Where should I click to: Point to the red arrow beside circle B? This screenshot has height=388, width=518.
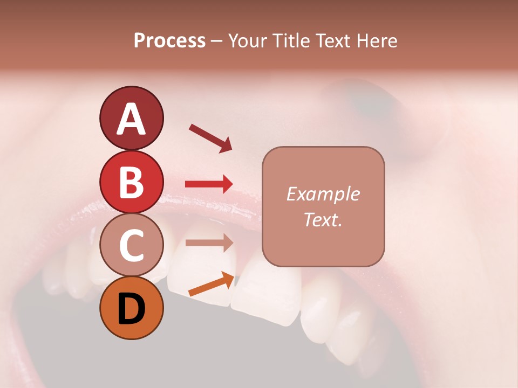[x=209, y=184]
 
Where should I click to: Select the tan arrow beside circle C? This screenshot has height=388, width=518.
[x=209, y=242]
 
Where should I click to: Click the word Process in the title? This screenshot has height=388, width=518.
[x=169, y=40]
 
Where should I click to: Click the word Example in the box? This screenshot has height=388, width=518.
[x=323, y=194]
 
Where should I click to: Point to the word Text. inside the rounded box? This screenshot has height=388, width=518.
[x=323, y=219]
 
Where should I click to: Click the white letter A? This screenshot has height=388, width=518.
[x=132, y=119]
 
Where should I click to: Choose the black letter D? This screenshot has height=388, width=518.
[x=132, y=308]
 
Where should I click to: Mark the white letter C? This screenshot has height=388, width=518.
[x=132, y=245]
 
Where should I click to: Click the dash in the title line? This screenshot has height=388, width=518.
[x=217, y=41]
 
